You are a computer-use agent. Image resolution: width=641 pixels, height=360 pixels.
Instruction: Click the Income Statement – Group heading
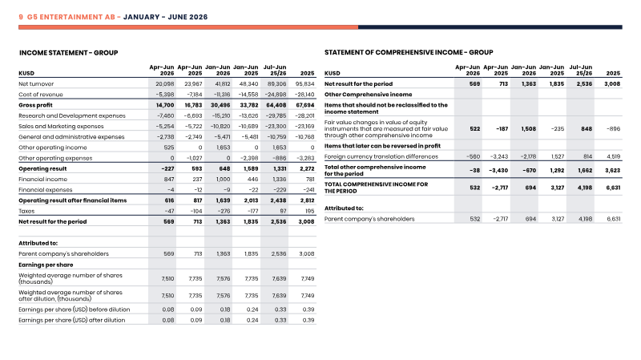pyautogui.click(x=69, y=53)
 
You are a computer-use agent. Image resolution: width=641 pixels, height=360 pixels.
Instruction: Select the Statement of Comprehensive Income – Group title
pyautogui.click(x=409, y=52)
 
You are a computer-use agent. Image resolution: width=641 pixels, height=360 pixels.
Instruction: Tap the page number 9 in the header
pyautogui.click(x=21, y=17)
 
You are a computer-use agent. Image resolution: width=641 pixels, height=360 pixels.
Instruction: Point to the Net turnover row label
pyautogui.click(x=36, y=84)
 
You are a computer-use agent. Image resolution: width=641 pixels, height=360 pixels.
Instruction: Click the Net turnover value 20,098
pyautogui.click(x=165, y=84)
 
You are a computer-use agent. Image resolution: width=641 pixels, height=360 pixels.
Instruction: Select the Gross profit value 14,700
pyautogui.click(x=165, y=105)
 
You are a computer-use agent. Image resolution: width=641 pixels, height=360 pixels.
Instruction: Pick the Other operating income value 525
pyautogui.click(x=169, y=148)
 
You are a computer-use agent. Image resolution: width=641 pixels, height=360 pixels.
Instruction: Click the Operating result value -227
pyautogui.click(x=167, y=168)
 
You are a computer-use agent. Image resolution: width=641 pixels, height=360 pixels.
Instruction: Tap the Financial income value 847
pyautogui.click(x=169, y=179)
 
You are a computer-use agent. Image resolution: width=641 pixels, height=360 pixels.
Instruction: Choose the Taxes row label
pyautogui.click(x=26, y=211)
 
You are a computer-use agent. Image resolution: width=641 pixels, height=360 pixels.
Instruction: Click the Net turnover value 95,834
pyautogui.click(x=305, y=84)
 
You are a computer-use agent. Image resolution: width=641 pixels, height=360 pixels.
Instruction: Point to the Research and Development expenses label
pyautogui.click(x=72, y=115)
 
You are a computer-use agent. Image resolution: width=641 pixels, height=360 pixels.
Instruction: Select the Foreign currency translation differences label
pyautogui.click(x=381, y=156)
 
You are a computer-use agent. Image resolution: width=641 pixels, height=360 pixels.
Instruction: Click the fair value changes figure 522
pyautogui.click(x=475, y=129)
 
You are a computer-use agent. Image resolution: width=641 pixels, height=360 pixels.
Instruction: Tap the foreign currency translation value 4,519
pyautogui.click(x=613, y=156)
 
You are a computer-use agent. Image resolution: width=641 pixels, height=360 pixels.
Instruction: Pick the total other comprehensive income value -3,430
pyautogui.click(x=498, y=171)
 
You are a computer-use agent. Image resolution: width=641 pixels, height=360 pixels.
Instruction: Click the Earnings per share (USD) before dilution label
pyautogui.click(x=74, y=309)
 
